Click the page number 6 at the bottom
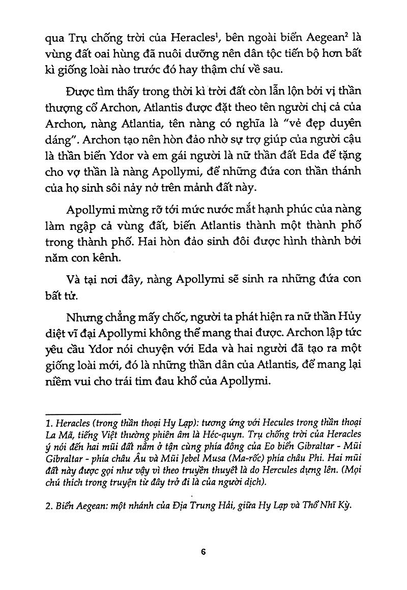click(203, 552)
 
